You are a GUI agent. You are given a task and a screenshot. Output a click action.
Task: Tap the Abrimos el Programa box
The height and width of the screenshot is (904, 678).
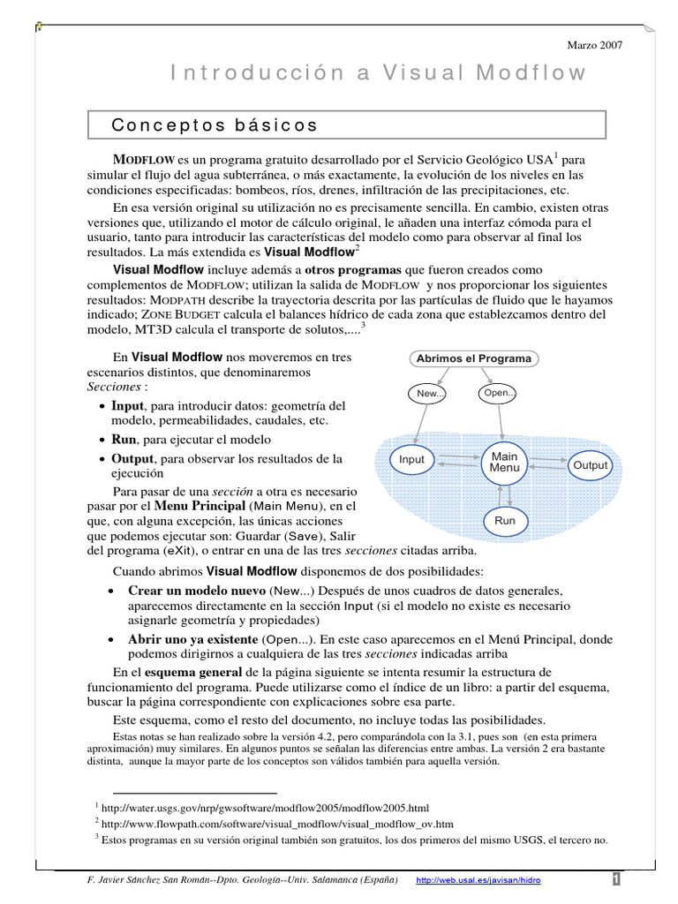coord(474,358)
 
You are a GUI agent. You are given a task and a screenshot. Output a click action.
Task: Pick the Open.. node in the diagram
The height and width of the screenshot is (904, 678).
coord(499,393)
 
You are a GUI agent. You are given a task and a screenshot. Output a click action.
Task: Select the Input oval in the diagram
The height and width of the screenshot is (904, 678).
coord(411,460)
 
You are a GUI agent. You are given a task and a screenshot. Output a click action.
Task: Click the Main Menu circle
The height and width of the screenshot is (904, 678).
coord(504,462)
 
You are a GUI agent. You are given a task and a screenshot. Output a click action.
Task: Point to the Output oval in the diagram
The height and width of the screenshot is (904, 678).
coord(591,464)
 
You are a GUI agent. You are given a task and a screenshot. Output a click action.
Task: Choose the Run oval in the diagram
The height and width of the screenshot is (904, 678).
coord(504,521)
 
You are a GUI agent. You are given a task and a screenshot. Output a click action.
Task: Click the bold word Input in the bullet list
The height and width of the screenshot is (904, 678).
coord(128,405)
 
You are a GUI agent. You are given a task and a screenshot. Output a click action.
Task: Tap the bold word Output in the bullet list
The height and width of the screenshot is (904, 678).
coord(132,459)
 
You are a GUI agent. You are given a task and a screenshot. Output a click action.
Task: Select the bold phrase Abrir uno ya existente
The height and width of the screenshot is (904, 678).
coord(193,638)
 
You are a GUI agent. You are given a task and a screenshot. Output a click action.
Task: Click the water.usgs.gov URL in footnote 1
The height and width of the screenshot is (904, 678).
coord(265,808)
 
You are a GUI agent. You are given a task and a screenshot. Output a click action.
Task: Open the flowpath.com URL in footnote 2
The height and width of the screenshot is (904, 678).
coord(278,824)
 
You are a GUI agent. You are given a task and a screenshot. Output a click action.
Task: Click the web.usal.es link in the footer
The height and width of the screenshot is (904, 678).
coord(478,880)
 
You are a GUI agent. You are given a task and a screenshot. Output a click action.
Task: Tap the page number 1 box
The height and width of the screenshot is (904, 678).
coord(615,879)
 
